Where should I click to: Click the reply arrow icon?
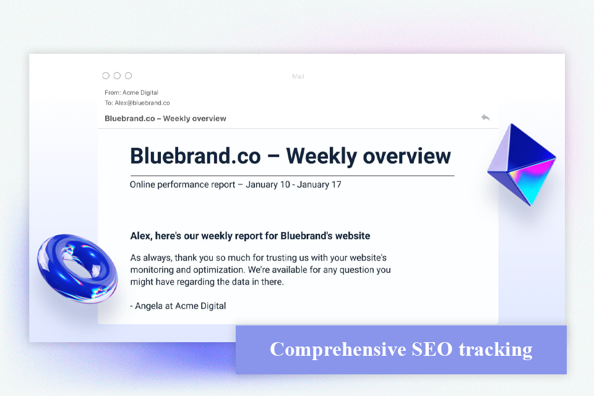[485, 118]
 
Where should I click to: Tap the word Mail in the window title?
[298, 77]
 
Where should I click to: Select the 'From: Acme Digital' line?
[131, 93]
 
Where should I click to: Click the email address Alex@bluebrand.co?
[142, 103]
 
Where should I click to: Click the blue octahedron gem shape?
[521, 165]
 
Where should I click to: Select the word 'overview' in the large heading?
[407, 155]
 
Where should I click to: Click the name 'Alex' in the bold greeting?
[140, 236]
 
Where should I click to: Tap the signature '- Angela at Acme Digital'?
[178, 306]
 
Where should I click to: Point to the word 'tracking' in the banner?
[495, 350]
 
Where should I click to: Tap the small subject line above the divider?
[165, 118]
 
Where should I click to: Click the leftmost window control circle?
[106, 75]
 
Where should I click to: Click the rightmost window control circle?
[128, 75]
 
